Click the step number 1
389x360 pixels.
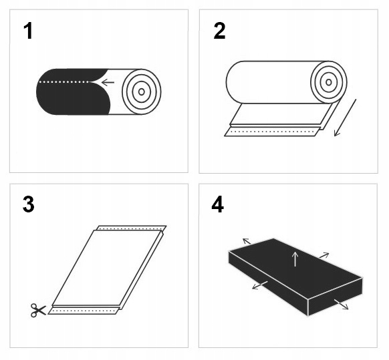(x=28, y=31)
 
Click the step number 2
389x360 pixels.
(x=219, y=31)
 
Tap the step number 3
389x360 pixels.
(x=28, y=204)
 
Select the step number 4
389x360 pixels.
(x=218, y=204)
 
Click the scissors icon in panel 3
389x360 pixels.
(x=38, y=310)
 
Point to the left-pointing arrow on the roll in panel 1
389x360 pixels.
(x=108, y=82)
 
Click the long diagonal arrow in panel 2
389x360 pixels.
(x=345, y=118)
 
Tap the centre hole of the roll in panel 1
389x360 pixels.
(x=142, y=92)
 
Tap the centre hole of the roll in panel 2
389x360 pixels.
(x=329, y=82)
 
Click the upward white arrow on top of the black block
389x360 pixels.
(x=295, y=259)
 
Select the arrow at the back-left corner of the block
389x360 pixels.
(x=247, y=241)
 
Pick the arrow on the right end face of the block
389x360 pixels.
(x=342, y=305)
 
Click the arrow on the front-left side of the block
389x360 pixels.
(x=260, y=285)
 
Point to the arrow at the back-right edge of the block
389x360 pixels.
(x=324, y=255)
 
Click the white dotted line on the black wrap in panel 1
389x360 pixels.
(x=64, y=81)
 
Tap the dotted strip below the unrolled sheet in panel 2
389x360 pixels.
(x=272, y=132)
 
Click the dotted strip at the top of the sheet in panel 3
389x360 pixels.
(x=131, y=228)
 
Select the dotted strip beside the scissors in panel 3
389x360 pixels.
(x=84, y=311)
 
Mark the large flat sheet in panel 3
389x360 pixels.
(x=107, y=268)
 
